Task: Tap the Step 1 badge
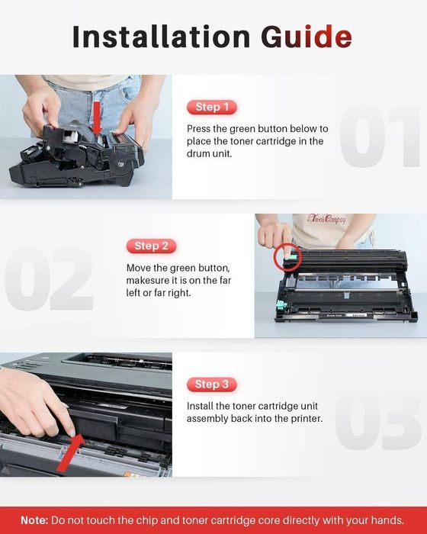pos(212,107)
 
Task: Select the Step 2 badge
pos(151,246)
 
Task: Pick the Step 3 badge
pos(212,384)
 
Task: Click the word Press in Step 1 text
pos(201,129)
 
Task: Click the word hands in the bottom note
pos(387,520)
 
